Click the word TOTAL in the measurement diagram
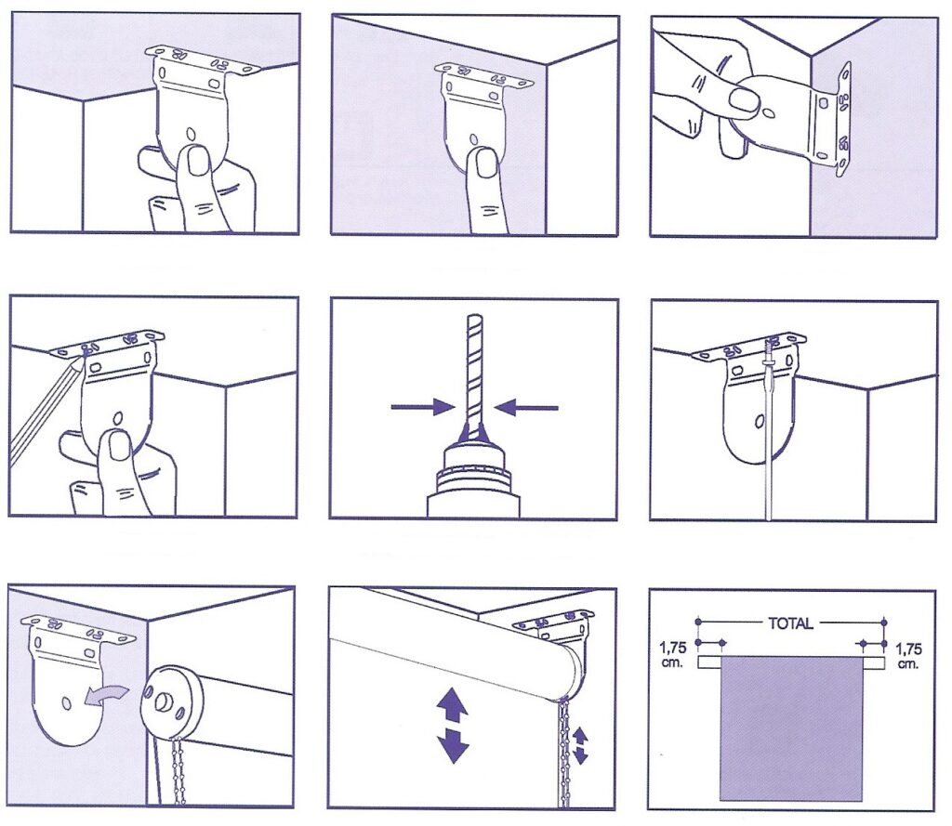pyautogui.click(x=790, y=623)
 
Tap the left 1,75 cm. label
pyautogui.click(x=673, y=655)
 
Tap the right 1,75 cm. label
pyautogui.click(x=908, y=655)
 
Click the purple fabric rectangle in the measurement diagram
pyautogui.click(x=791, y=728)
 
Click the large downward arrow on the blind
pyautogui.click(x=453, y=744)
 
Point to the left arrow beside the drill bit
pyautogui.click(x=423, y=407)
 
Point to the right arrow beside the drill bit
pyautogui.click(x=526, y=407)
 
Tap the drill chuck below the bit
pyautogui.click(x=474, y=470)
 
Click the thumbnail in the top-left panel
pyautogui.click(x=197, y=160)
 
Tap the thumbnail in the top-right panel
pyautogui.click(x=744, y=100)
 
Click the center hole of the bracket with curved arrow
pyautogui.click(x=66, y=703)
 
